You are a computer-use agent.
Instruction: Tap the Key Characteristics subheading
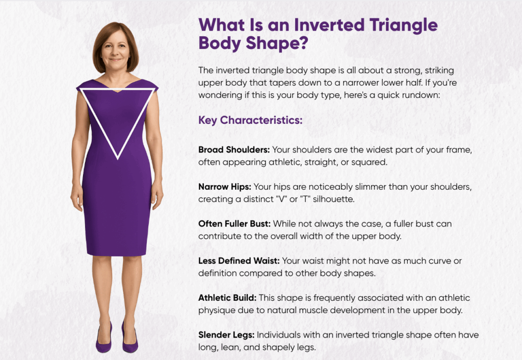pyautogui.click(x=250, y=120)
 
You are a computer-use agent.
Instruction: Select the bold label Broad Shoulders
pyautogui.click(x=234, y=150)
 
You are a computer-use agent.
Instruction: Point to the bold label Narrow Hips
pyautogui.click(x=225, y=187)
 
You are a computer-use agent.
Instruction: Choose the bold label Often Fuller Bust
pyautogui.click(x=234, y=224)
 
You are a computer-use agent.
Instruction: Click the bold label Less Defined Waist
pyautogui.click(x=239, y=261)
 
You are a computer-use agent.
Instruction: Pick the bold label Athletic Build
pyautogui.click(x=227, y=298)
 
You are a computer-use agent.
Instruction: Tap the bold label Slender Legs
pyautogui.click(x=226, y=335)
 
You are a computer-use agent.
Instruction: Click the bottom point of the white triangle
pyautogui.click(x=118, y=159)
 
